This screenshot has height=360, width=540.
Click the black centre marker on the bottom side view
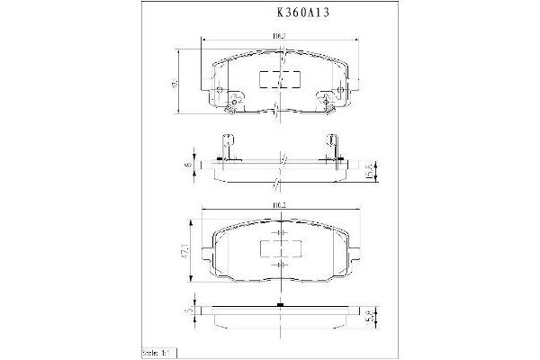coord(281,305)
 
